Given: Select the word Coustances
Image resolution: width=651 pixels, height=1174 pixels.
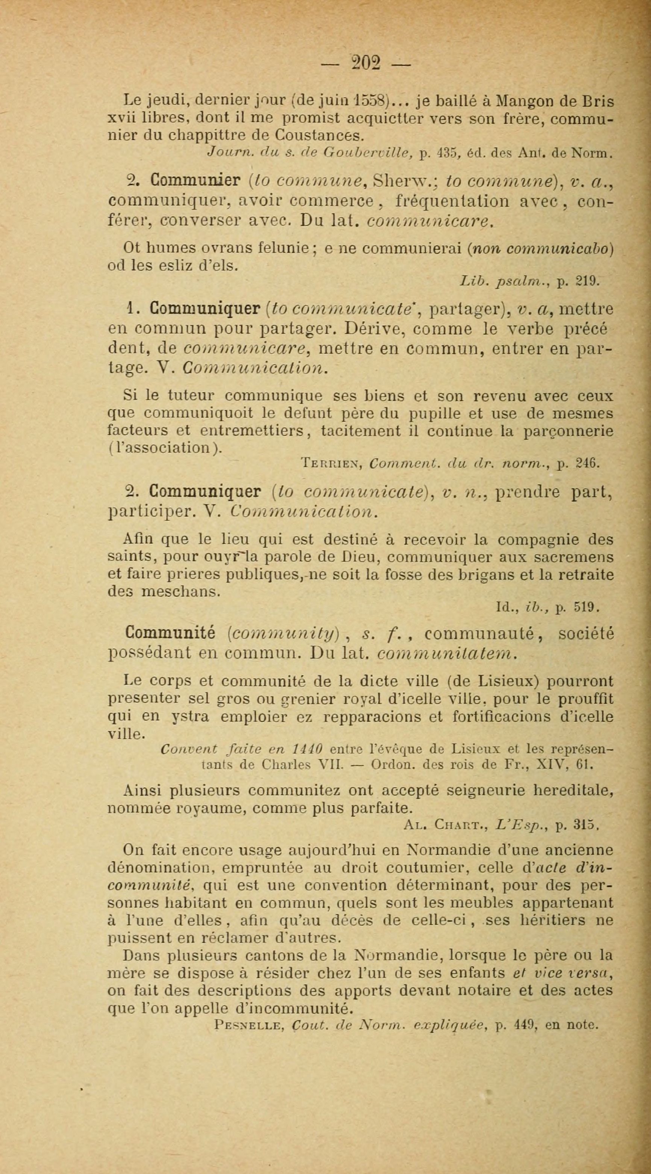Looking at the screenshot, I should [x=326, y=135].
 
